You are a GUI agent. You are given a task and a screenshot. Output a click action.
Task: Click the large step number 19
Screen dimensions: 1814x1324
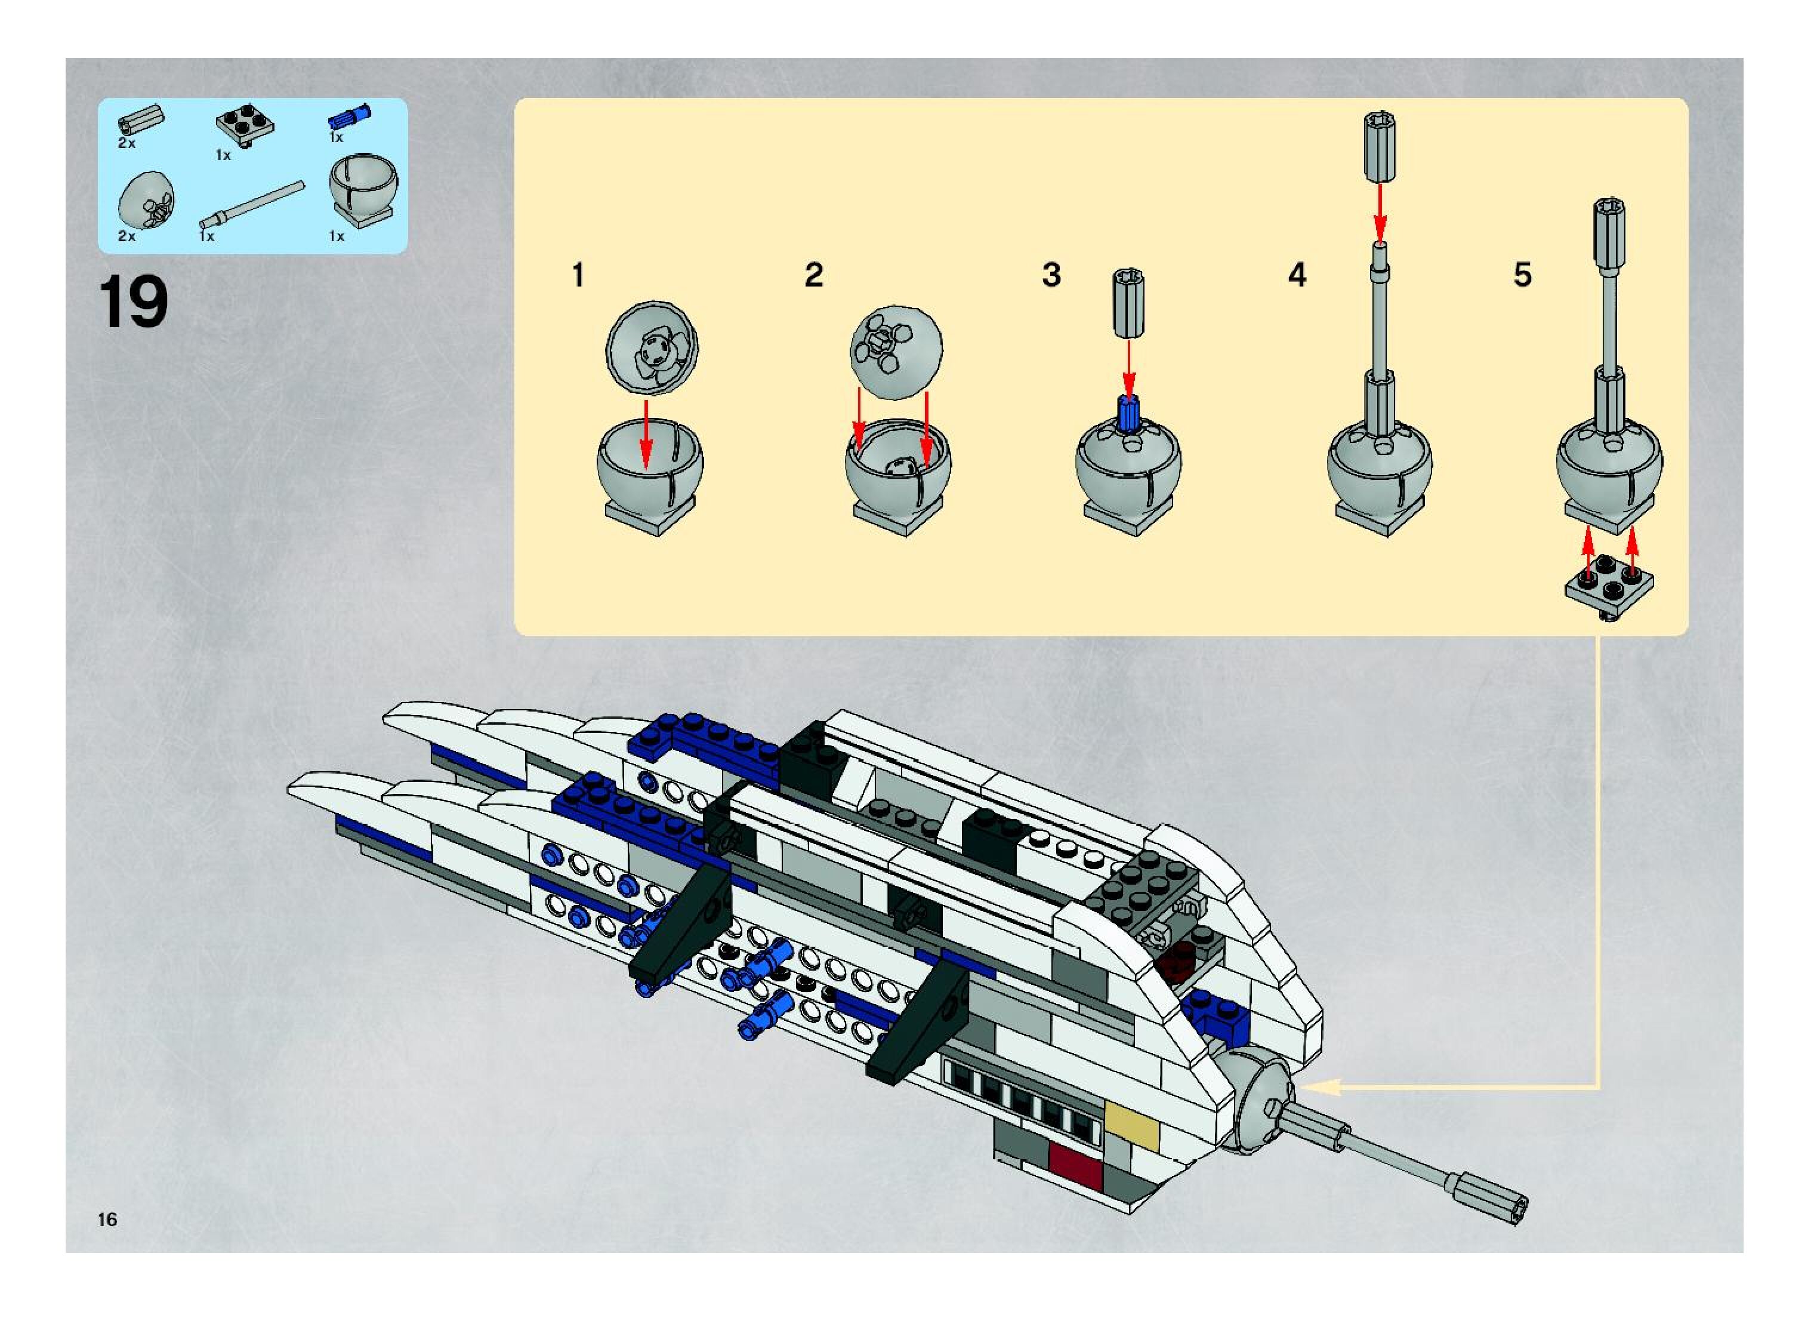(133, 302)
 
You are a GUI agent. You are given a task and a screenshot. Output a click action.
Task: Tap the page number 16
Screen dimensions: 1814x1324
(107, 1219)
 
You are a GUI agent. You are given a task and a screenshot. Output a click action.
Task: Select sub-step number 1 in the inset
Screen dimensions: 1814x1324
(578, 275)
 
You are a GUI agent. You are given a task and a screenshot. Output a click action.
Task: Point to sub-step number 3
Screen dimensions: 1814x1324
(1051, 275)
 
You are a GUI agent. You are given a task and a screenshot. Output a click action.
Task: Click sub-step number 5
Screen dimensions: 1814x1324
(1522, 275)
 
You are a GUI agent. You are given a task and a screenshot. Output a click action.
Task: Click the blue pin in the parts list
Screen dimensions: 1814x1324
(349, 117)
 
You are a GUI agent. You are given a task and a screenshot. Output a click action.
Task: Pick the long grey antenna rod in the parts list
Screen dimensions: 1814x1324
(255, 203)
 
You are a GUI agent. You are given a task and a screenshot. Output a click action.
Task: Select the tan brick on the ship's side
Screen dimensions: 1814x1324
(1131, 1126)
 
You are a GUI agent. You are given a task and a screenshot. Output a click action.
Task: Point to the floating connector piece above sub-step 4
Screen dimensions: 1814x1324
(1380, 149)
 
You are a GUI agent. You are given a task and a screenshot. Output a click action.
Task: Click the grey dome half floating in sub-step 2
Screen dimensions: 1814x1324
(896, 351)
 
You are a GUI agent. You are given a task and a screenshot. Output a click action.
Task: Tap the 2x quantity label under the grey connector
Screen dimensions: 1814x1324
(127, 143)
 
